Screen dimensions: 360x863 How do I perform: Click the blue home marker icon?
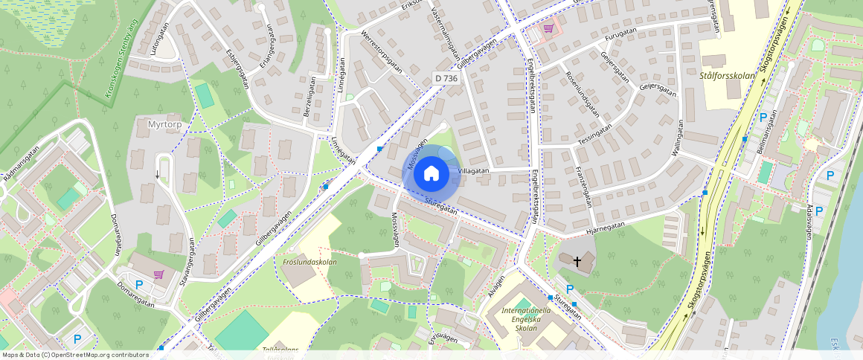click(431, 174)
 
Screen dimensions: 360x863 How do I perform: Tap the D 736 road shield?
click(445, 78)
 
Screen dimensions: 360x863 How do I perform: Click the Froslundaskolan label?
click(309, 262)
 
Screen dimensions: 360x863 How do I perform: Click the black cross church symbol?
click(577, 261)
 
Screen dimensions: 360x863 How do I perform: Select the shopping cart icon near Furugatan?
click(549, 28)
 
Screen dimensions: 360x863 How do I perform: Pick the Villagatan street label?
click(473, 170)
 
